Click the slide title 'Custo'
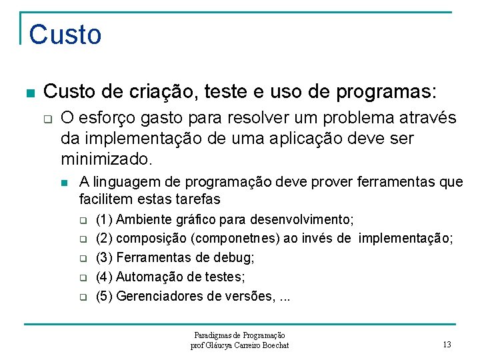pyautogui.click(x=65, y=35)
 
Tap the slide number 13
pyautogui.click(x=447, y=345)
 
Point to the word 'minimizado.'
pyautogui.click(x=107, y=159)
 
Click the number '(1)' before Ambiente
pyautogui.click(x=105, y=219)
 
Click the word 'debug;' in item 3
pyautogui.click(x=237, y=257)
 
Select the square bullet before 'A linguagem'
pyautogui.click(x=65, y=182)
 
